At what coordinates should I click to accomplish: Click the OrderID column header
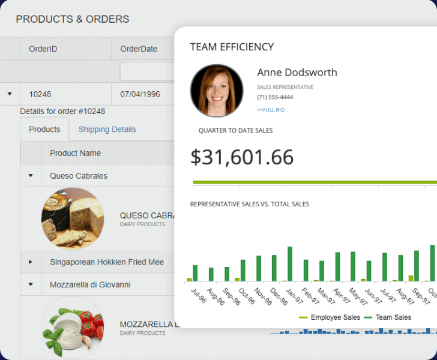(43, 49)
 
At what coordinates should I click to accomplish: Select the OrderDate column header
(139, 49)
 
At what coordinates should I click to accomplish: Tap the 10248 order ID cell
(40, 94)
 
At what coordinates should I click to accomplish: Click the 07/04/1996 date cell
(140, 94)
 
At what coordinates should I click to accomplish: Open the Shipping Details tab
(107, 129)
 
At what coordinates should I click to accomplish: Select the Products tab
(44, 129)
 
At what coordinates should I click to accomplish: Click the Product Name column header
(75, 153)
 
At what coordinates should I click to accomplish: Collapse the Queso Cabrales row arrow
(31, 176)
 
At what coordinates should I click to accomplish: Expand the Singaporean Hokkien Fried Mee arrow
(31, 262)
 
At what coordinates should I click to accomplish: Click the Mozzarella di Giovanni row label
(90, 284)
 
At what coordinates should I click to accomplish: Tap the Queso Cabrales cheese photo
(73, 218)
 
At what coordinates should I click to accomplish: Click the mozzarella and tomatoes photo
(73, 328)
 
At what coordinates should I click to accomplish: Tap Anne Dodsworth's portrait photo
(217, 91)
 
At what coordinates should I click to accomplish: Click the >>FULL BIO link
(271, 110)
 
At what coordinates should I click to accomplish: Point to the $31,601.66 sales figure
(242, 157)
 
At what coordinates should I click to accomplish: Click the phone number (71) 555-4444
(275, 97)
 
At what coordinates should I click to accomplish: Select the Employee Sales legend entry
(330, 317)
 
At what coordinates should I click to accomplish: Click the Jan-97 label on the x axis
(294, 297)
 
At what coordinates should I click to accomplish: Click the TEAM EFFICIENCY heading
(232, 47)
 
